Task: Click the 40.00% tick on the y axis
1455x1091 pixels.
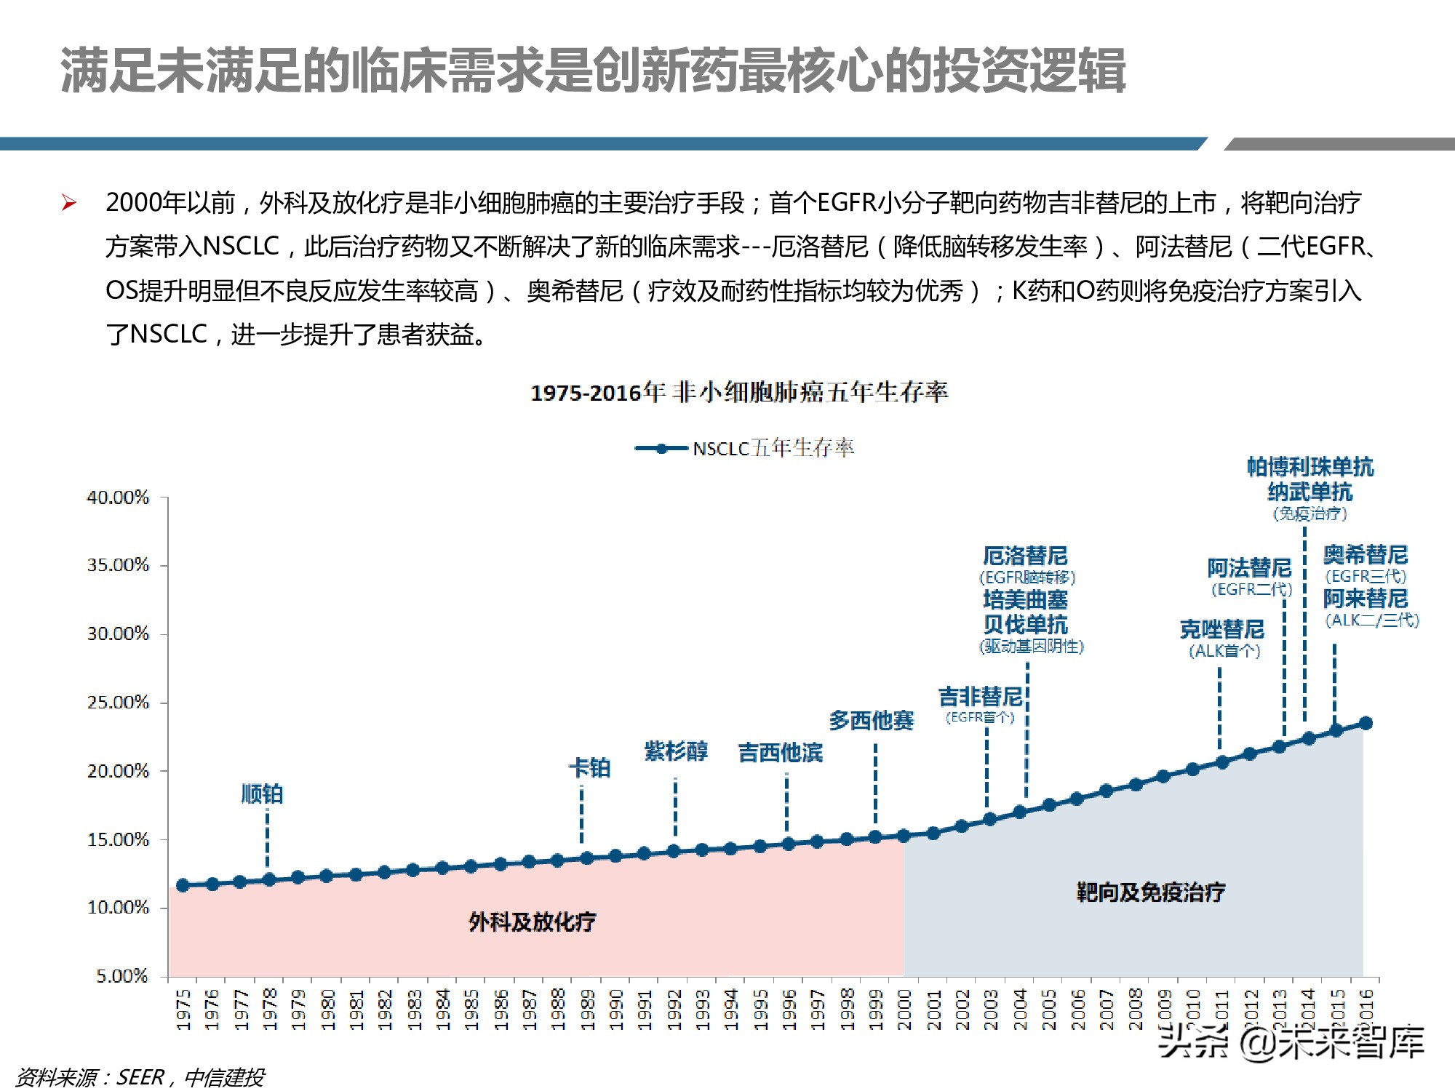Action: [118, 497]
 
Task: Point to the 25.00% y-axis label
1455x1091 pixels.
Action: [118, 703]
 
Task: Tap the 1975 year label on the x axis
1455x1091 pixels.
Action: [183, 1010]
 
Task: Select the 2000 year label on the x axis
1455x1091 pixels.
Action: [904, 1010]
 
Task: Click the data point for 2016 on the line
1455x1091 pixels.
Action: [1366, 723]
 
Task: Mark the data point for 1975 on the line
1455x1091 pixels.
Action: [183, 885]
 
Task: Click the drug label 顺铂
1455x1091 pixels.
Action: [262, 794]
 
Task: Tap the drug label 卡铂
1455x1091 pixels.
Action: [590, 767]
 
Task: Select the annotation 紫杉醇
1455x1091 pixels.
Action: [676, 751]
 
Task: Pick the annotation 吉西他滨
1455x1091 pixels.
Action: [780, 752]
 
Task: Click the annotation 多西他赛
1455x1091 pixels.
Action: [871, 720]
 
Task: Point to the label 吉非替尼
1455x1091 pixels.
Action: [980, 697]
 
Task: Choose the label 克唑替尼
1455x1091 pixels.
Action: [1222, 629]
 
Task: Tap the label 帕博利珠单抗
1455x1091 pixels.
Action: [1310, 467]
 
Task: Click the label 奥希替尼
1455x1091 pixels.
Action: [1365, 555]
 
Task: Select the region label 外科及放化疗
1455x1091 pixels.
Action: [532, 922]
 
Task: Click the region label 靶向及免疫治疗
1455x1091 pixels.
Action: [1150, 892]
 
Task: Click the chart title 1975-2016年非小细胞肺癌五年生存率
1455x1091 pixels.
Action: [739, 393]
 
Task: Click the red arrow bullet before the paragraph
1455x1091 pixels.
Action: [69, 203]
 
